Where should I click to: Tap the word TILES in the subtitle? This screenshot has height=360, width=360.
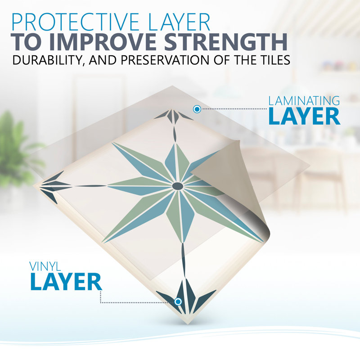pos(273,60)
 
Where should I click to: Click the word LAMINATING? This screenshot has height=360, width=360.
pos(304,101)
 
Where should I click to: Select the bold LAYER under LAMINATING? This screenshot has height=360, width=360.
pos(304,117)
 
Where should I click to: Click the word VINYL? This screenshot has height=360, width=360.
pos(45,266)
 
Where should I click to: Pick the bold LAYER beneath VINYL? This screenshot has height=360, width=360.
pos(66,282)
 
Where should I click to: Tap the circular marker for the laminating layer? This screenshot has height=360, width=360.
pos(197,109)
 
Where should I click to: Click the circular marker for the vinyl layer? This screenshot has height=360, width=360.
pos(178,301)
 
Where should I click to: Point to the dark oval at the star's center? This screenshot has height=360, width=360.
pos(178,186)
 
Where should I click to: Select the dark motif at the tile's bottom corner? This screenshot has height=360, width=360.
pos(186,297)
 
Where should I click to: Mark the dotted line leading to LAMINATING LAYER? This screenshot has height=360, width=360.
pos(234,109)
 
